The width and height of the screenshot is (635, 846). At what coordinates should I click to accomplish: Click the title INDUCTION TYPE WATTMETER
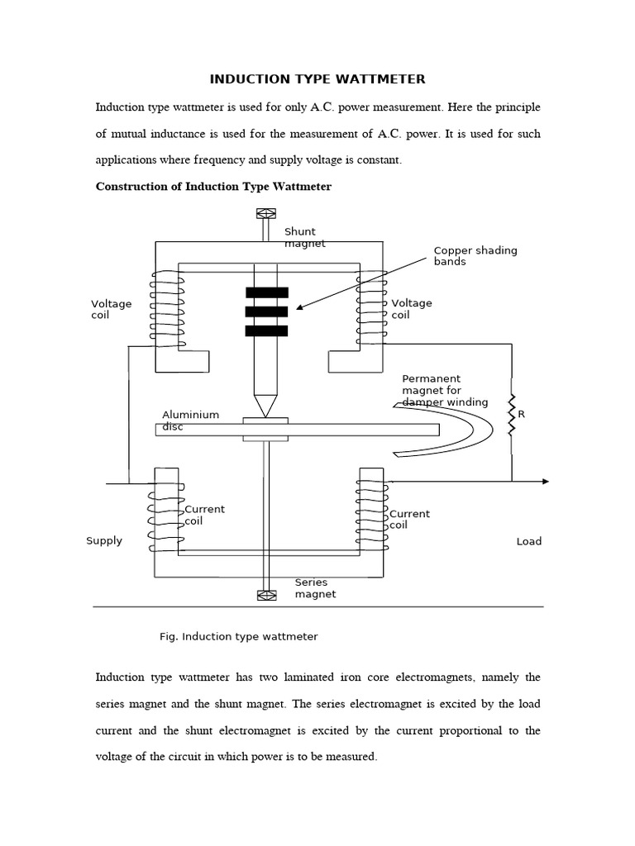[317, 79]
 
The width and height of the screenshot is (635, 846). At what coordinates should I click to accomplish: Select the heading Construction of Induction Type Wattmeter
[213, 187]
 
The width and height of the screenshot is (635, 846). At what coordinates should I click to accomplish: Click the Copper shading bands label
[475, 256]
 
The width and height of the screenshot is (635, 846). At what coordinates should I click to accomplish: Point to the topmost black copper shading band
[266, 292]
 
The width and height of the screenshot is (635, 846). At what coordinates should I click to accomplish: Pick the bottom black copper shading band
[266, 331]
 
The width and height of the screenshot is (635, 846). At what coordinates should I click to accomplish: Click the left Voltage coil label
[111, 309]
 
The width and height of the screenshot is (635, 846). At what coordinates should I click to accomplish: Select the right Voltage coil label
[412, 309]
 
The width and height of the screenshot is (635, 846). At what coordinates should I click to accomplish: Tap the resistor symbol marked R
[512, 414]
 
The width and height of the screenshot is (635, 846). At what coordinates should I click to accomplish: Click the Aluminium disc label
[190, 421]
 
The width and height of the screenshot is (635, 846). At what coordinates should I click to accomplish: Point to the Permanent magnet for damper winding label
[445, 391]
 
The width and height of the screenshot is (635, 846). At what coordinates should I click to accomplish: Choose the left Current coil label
[205, 516]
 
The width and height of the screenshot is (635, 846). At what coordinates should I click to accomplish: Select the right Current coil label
[410, 520]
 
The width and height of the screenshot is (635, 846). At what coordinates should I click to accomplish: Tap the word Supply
[104, 541]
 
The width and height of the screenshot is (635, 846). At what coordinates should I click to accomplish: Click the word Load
[529, 542]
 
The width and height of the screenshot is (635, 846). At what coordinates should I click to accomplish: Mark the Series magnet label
[315, 588]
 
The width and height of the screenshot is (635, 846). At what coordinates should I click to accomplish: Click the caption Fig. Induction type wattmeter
[238, 637]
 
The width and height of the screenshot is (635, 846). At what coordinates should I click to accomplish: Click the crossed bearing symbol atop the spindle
[266, 213]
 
